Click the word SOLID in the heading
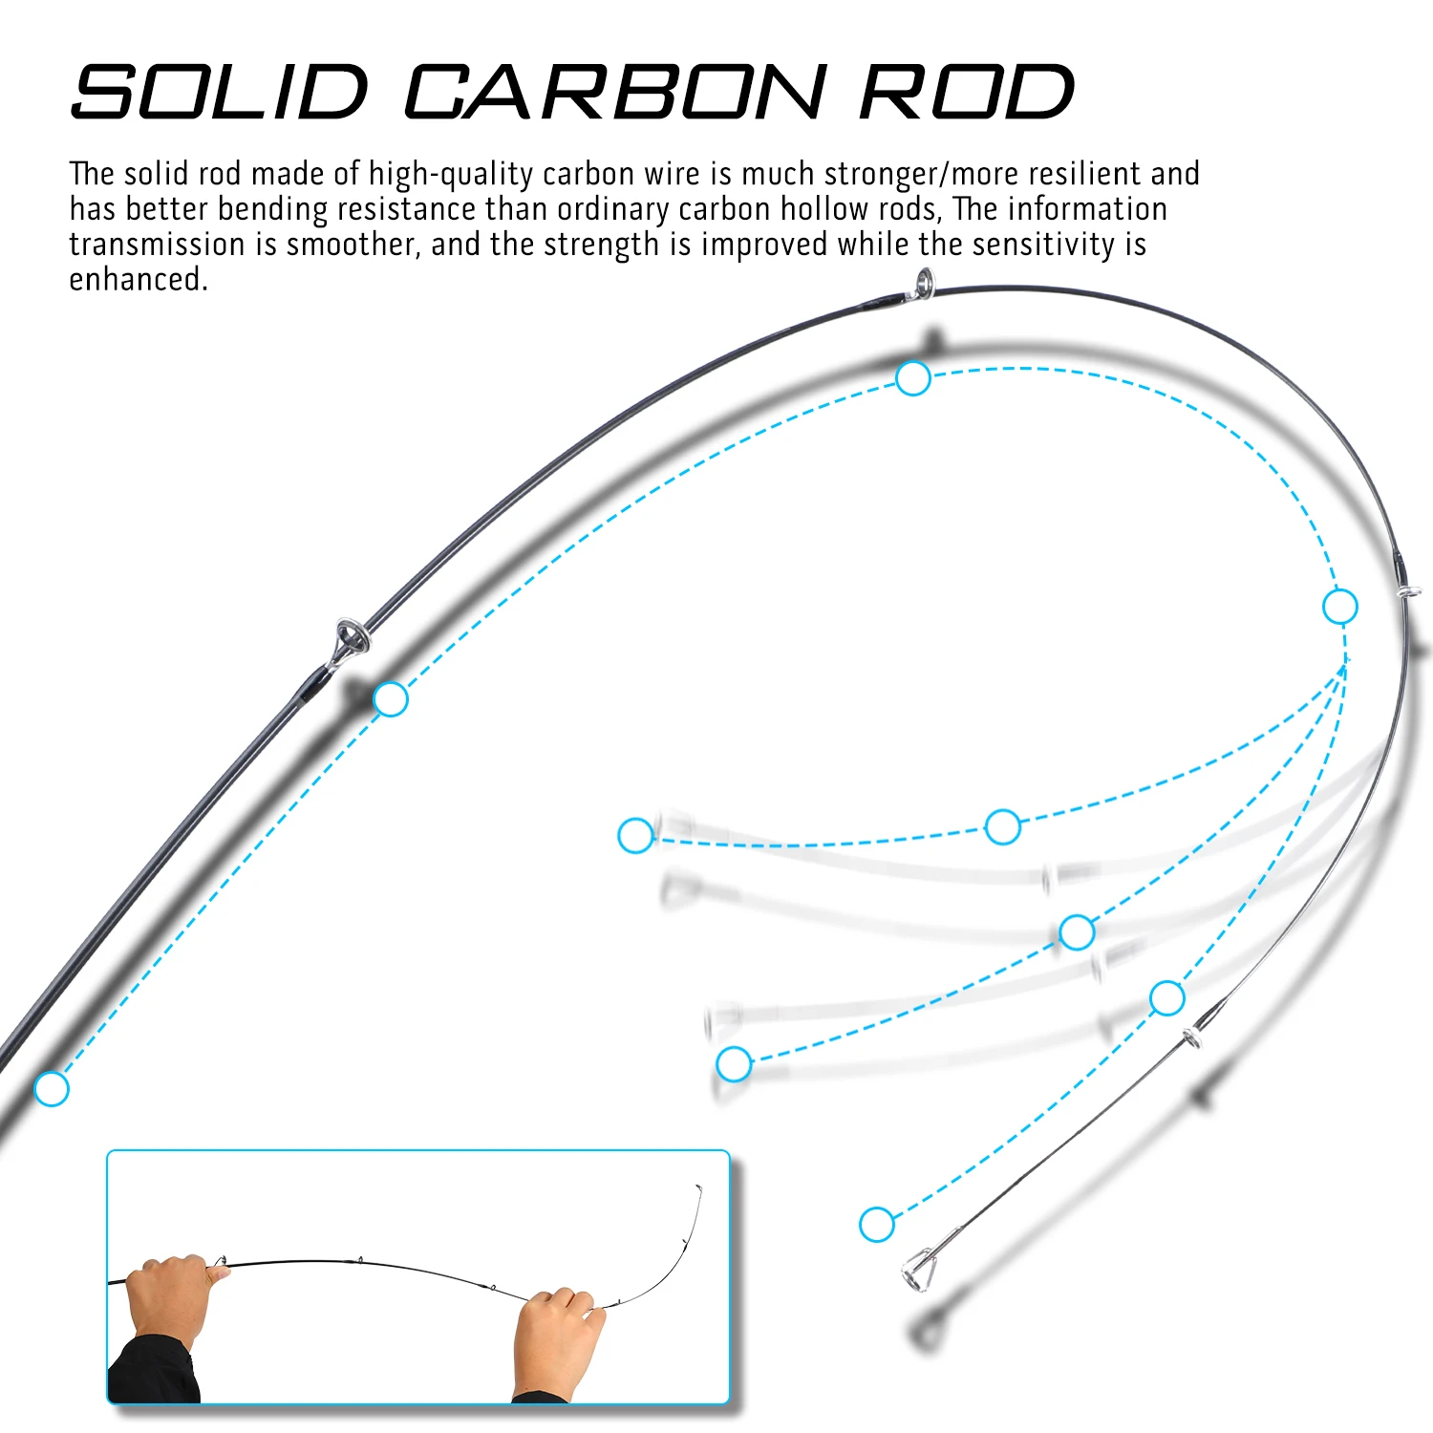tap(220, 92)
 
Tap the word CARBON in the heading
tap(614, 92)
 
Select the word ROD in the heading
tap(967, 92)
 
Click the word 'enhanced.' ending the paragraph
tap(139, 280)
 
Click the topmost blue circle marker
tap(913, 378)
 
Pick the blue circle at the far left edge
tap(52, 1088)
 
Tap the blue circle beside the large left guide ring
tap(391, 699)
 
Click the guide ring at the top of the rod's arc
tap(923, 284)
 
